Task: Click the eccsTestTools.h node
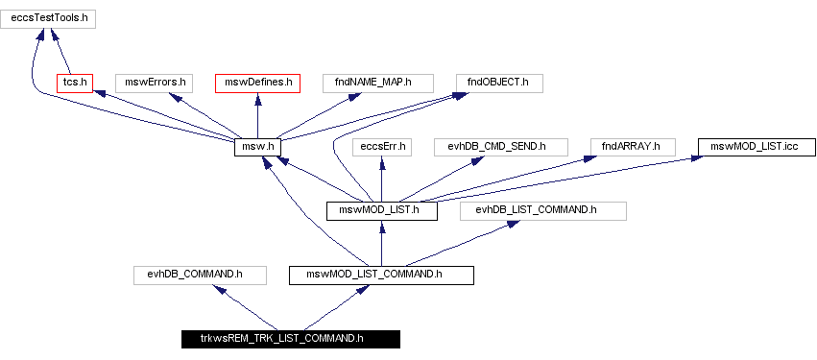pyautogui.click(x=49, y=18)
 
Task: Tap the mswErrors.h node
pyautogui.click(x=156, y=83)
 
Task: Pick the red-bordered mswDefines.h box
pyautogui.click(x=257, y=83)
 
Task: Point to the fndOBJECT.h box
pyautogui.click(x=499, y=83)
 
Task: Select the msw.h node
pyautogui.click(x=262, y=147)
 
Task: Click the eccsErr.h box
pyautogui.click(x=383, y=147)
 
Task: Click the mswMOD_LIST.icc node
pyautogui.click(x=756, y=147)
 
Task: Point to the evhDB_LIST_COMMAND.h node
pyautogui.click(x=543, y=210)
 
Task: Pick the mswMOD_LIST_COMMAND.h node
pyautogui.click(x=382, y=275)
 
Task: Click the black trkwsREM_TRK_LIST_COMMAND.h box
pyautogui.click(x=290, y=338)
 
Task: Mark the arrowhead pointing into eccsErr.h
pyautogui.click(x=383, y=161)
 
